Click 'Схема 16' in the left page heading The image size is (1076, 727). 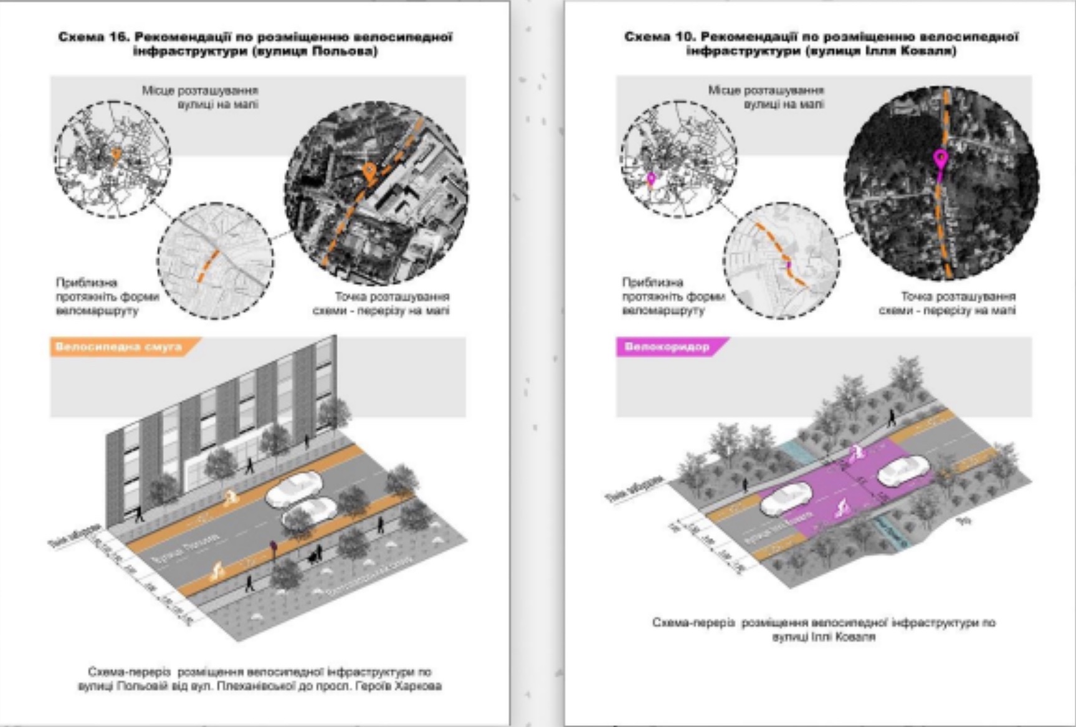(x=93, y=37)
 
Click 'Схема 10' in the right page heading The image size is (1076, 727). (x=659, y=37)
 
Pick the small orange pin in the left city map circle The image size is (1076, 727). (x=115, y=155)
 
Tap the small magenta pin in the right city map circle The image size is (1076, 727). (x=652, y=180)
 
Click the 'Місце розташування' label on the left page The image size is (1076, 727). (x=199, y=91)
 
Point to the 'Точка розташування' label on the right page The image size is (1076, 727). (x=958, y=297)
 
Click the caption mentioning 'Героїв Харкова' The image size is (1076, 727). (x=260, y=686)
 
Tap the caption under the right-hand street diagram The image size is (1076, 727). (x=824, y=629)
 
